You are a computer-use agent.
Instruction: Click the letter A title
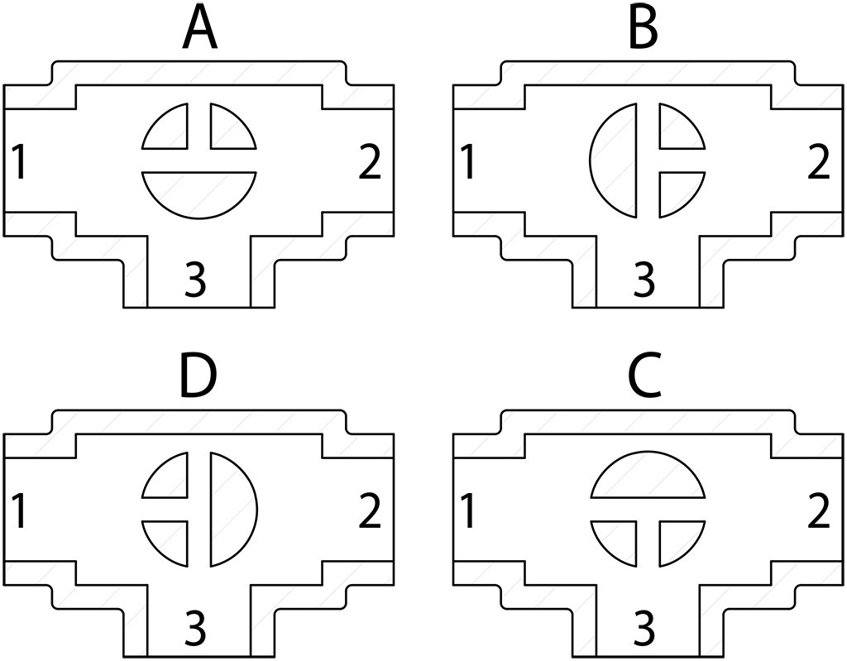[199, 28]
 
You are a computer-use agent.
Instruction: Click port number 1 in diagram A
[20, 163]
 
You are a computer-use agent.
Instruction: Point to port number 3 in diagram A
[195, 281]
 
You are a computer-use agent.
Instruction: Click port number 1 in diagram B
[468, 163]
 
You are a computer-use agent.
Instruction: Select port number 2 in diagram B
[818, 163]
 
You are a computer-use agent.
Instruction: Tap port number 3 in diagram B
[644, 281]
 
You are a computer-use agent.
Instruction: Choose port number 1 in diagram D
[20, 512]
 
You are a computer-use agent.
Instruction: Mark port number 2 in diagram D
[370, 512]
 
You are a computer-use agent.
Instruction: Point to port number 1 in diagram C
[468, 512]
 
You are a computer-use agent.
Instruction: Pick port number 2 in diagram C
[818, 513]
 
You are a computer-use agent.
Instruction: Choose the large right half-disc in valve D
[231, 509]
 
